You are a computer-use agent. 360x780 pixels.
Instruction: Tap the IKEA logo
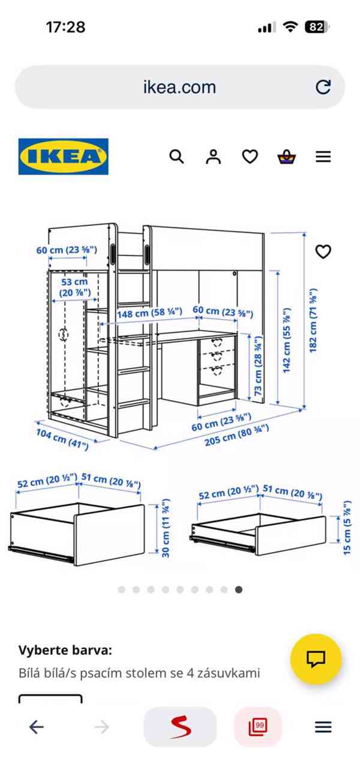pyautogui.click(x=64, y=157)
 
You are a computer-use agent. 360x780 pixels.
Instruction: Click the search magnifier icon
pyautogui.click(x=176, y=157)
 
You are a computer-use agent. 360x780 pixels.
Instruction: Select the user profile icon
pyautogui.click(x=214, y=157)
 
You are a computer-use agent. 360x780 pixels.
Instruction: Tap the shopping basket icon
pyautogui.click(x=287, y=157)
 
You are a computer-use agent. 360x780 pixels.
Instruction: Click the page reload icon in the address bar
pyautogui.click(x=323, y=87)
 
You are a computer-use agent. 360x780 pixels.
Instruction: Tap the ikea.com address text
pyautogui.click(x=179, y=87)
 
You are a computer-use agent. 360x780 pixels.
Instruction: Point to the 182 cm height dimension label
pyautogui.click(x=313, y=320)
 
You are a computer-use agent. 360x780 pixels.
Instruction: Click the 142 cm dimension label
pyautogui.click(x=286, y=340)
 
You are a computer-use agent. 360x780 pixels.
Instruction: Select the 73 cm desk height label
pyautogui.click(x=258, y=365)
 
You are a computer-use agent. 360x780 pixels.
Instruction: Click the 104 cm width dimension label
pyautogui.click(x=62, y=439)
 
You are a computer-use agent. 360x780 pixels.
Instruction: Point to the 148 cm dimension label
pyautogui.click(x=149, y=313)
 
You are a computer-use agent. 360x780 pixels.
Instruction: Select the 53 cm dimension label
pyautogui.click(x=74, y=287)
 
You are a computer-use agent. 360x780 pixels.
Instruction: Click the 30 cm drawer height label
pyautogui.click(x=166, y=528)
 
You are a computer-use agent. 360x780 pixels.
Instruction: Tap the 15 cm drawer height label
pyautogui.click(x=347, y=528)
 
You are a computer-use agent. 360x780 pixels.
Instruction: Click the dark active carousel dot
pyautogui.click(x=239, y=590)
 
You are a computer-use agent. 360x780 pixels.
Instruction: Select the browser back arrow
pyautogui.click(x=37, y=727)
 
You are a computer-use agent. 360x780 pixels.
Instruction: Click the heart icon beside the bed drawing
pyautogui.click(x=323, y=252)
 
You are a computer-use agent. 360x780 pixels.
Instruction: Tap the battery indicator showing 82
pyautogui.click(x=316, y=27)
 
